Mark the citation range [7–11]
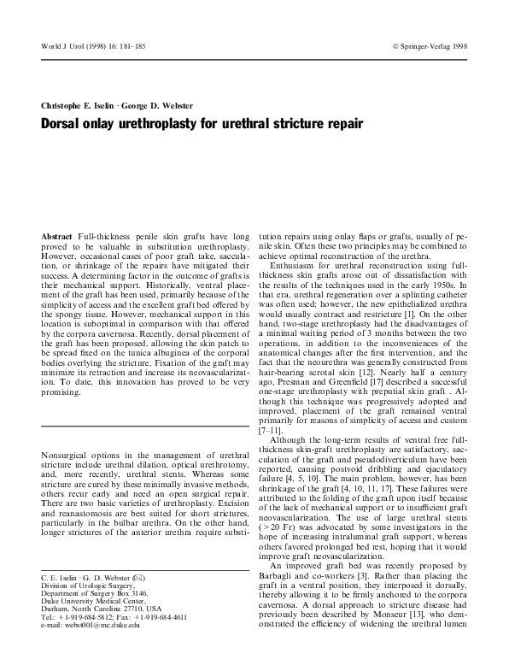point(273,432)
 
